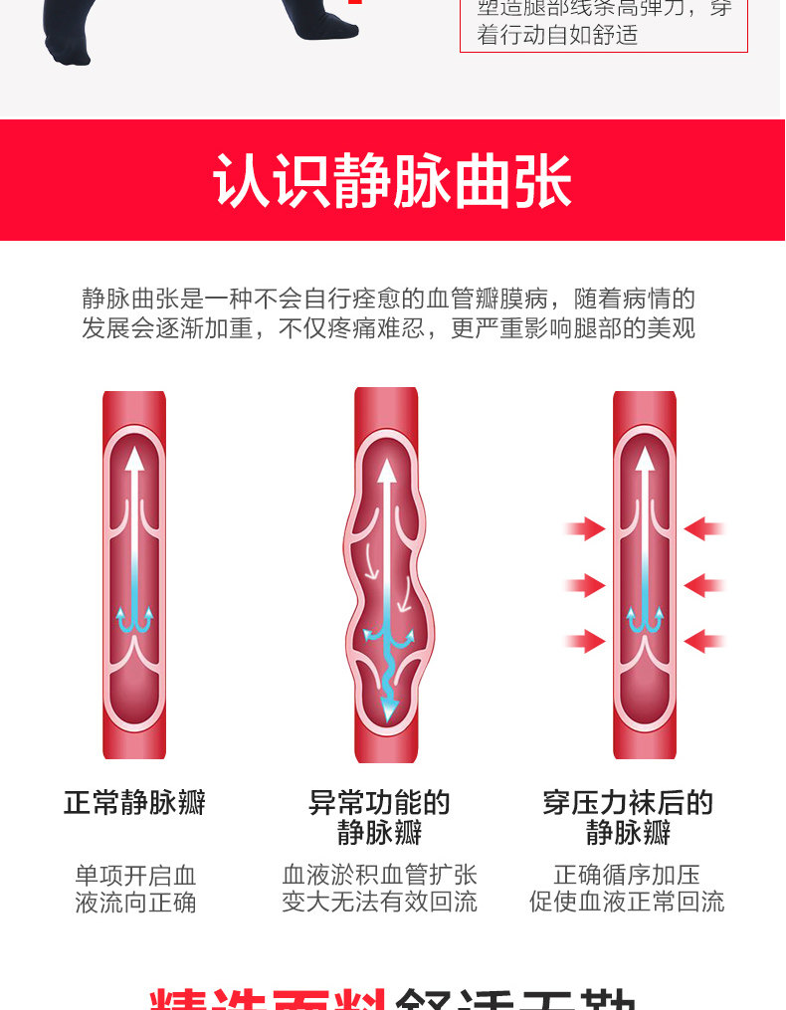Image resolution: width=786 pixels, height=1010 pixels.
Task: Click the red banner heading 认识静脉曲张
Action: click(392, 180)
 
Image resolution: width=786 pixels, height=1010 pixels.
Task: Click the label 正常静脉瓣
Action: click(134, 803)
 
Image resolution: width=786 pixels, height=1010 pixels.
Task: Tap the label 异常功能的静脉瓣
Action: click(379, 817)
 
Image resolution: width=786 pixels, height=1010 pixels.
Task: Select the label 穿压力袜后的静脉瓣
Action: click(628, 817)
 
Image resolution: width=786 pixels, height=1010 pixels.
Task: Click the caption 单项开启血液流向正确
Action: click(135, 889)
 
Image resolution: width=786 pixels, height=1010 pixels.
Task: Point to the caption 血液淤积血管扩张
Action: click(379, 875)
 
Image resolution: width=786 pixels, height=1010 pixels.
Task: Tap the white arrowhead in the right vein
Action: click(645, 459)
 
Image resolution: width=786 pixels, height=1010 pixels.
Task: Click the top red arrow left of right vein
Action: click(587, 529)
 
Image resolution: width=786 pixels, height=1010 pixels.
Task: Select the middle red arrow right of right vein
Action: click(703, 585)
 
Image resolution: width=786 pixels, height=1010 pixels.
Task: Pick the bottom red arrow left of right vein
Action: click(587, 641)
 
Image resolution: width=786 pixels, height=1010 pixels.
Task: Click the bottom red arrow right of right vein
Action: click(703, 641)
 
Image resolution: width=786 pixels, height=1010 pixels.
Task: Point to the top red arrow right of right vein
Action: click(703, 529)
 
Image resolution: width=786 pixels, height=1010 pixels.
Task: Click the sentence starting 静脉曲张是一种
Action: click(388, 299)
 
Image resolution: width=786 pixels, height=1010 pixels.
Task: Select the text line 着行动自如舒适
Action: click(557, 36)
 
